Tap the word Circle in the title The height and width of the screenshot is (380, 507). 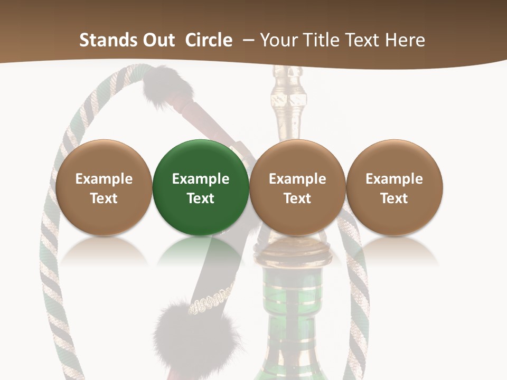tap(209, 40)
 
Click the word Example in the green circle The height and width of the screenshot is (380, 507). tap(201, 179)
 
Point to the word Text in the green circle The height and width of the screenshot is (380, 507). tap(201, 198)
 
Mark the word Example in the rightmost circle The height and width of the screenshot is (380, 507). tap(394, 179)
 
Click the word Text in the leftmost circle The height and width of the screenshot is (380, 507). tap(104, 198)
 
